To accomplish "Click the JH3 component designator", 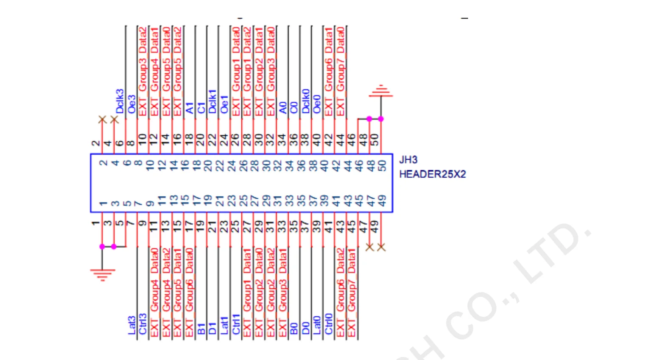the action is (408, 160).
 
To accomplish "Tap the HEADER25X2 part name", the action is (432, 174).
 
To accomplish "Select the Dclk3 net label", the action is (120, 101).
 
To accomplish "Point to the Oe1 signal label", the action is (224, 104).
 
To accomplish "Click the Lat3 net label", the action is (132, 325).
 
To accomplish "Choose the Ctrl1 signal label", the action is (236, 324).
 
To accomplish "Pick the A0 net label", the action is (283, 107).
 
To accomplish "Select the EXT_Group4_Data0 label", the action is (155, 292).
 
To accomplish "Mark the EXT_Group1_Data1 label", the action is (248, 292).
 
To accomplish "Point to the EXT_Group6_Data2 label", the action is (341, 292).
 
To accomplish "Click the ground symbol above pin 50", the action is (381, 91).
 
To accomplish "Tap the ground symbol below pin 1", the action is (102, 274).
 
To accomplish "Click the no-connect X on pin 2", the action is (102, 120).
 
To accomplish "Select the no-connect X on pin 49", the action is (381, 247).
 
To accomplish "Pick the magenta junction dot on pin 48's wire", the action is (369, 119).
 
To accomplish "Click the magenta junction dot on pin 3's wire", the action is (114, 247).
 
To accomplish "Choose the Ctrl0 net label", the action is (329, 324).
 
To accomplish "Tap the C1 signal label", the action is (201, 107).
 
